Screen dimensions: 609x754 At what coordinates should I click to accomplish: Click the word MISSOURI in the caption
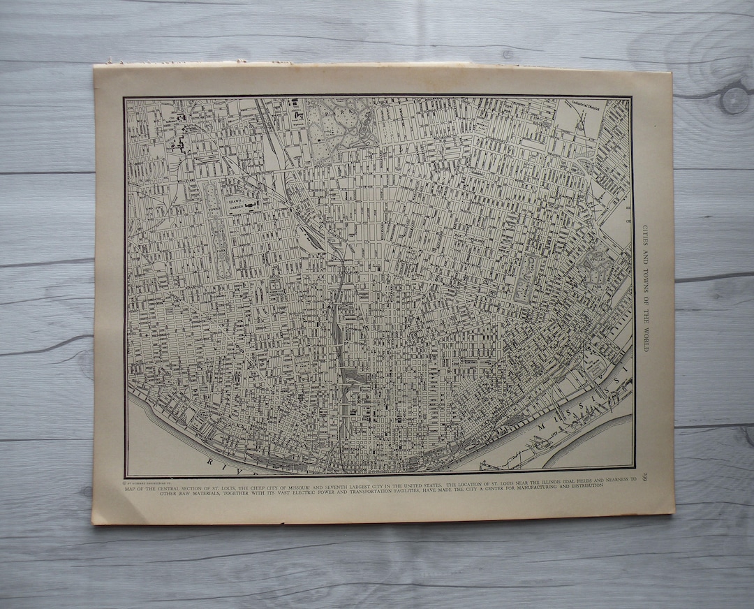[315, 480]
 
